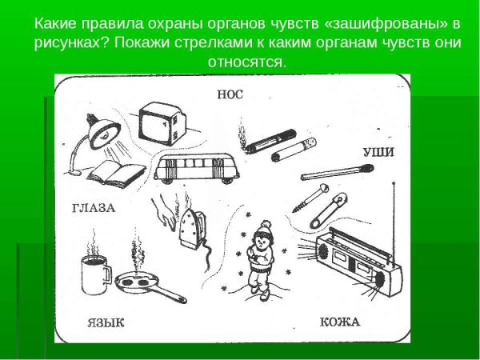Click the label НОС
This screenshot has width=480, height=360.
tap(230, 93)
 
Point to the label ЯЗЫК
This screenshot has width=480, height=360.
tap(106, 323)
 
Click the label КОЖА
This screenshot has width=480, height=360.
tap(340, 322)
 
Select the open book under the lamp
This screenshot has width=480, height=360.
tap(115, 172)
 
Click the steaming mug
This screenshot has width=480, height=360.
tap(94, 274)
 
